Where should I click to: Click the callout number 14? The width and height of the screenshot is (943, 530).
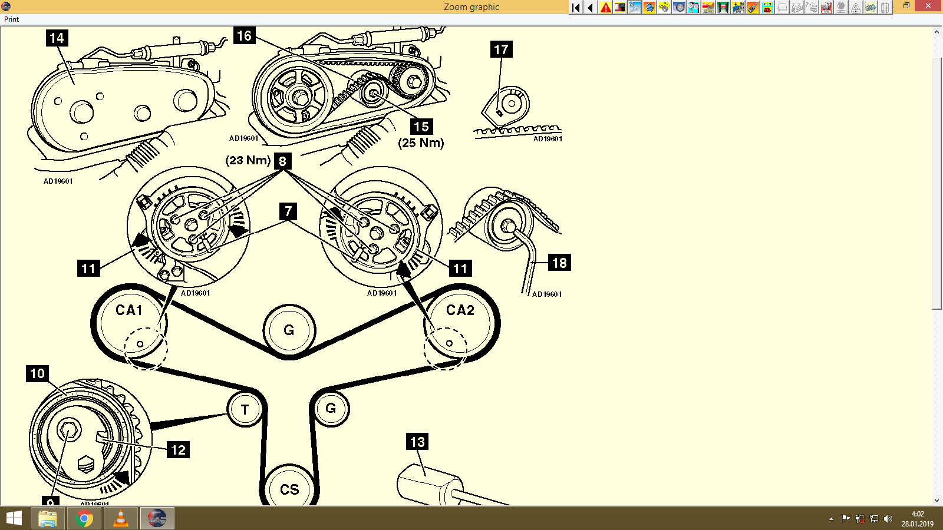pos(57,38)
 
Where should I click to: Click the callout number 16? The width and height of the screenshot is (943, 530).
pos(244,36)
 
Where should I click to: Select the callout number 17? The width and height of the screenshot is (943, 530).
pos(501,49)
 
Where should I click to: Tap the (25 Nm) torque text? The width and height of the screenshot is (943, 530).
pos(421,143)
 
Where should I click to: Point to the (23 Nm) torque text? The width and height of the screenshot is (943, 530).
pos(248,160)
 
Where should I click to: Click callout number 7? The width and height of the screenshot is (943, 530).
pos(288,211)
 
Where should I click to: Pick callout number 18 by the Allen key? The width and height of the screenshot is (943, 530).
pos(559,263)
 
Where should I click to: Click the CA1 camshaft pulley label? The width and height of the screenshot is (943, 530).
pos(129,310)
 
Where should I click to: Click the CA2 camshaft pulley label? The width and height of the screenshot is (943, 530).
pos(460,310)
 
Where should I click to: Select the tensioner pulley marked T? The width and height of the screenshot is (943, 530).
pos(245,409)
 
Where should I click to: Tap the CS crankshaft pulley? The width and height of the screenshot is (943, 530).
pos(289,489)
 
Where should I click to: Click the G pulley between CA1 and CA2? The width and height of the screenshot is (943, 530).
pos(289,330)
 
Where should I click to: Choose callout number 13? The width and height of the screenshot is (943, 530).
pos(417,442)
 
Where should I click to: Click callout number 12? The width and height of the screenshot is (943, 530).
pos(178,450)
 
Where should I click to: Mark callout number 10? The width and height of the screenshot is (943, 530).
pos(37,373)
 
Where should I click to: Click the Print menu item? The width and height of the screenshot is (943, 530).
pos(11,19)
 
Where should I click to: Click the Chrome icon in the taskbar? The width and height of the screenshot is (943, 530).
pos(84,519)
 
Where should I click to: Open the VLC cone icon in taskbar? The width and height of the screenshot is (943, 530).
pos(121,519)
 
